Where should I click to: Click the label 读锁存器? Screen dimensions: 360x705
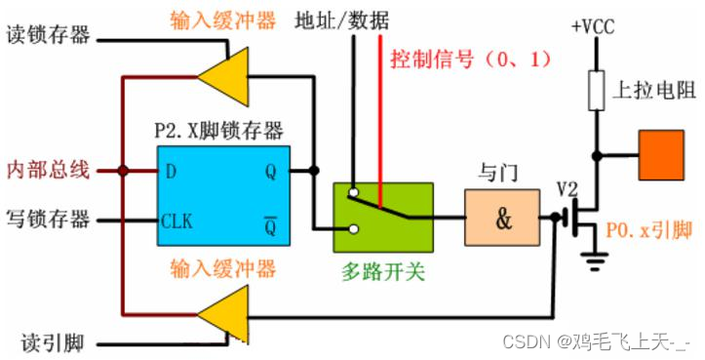[x=48, y=36]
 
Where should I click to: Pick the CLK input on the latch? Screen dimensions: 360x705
[x=176, y=221]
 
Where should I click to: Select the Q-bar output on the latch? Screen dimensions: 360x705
[x=270, y=221]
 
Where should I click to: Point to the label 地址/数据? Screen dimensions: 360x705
[x=336, y=19]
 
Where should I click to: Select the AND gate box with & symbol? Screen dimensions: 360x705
[x=502, y=218]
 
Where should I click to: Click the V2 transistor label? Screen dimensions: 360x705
[x=568, y=185]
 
